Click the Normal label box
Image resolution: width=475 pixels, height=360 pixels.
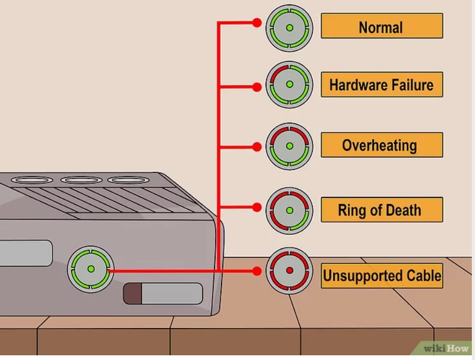tap(382, 27)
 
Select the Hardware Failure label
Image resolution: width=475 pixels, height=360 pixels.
tap(382, 85)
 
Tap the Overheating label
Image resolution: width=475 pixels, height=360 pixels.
tap(382, 145)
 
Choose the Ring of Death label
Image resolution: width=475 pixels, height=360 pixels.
tap(382, 210)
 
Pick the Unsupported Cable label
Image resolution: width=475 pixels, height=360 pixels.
tap(382, 275)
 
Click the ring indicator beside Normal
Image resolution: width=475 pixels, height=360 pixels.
tap(289, 28)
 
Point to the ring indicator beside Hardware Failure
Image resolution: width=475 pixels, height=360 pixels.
tap(289, 84)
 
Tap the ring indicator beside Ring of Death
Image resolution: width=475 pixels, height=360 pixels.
tap(289, 211)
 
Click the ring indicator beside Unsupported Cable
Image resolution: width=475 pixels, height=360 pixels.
tap(289, 271)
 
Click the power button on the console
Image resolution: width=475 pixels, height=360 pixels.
tap(91, 269)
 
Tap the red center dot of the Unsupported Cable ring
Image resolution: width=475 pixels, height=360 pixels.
tap(289, 271)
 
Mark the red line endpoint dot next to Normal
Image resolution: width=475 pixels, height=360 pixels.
tap(257, 23)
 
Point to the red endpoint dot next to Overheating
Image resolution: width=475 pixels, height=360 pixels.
tap(257, 147)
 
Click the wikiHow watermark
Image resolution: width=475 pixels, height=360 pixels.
tap(447, 349)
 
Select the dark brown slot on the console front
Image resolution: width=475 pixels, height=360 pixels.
tap(132, 294)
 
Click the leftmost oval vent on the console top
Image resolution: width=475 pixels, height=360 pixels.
tap(32, 180)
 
